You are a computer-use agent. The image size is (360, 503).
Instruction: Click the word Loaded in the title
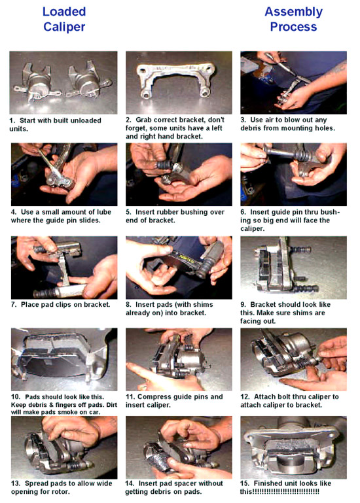point(64,12)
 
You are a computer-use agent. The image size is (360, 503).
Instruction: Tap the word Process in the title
point(293,27)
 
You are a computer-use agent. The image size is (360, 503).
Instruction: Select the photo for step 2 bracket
point(179,82)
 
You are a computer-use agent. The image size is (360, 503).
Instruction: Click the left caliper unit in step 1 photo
point(36,83)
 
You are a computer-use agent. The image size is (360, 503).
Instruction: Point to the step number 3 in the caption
point(243,120)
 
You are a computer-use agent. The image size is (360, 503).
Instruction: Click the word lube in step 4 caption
point(103,212)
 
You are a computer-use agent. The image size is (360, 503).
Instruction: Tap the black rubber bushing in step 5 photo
point(164,165)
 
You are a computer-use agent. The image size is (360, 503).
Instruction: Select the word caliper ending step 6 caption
point(252,229)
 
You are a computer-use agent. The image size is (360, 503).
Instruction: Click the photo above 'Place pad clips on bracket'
point(64,268)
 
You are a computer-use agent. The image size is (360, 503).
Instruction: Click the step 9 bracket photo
point(293,268)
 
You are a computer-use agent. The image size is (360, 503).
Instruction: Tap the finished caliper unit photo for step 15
point(293,447)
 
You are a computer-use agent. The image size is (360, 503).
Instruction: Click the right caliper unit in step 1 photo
point(88,82)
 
